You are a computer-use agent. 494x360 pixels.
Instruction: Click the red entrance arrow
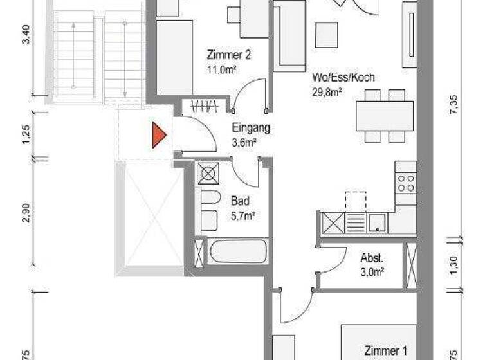coord(158,136)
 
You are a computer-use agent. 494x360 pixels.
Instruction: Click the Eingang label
coord(250,127)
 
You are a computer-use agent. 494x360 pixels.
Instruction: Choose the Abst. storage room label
coord(372,258)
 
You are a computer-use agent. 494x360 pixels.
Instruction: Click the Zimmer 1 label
coord(386,351)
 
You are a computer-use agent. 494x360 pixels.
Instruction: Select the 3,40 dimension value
coord(26,33)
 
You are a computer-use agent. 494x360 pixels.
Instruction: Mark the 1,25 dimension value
coord(26,135)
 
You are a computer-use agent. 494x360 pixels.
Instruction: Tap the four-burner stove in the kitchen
coord(405,183)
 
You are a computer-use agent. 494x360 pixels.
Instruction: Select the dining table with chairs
coord(384,116)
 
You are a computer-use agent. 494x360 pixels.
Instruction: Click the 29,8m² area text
coord(326,91)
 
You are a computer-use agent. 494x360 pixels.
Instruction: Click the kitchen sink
coord(378,222)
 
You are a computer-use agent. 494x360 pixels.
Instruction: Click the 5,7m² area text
coord(243,215)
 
